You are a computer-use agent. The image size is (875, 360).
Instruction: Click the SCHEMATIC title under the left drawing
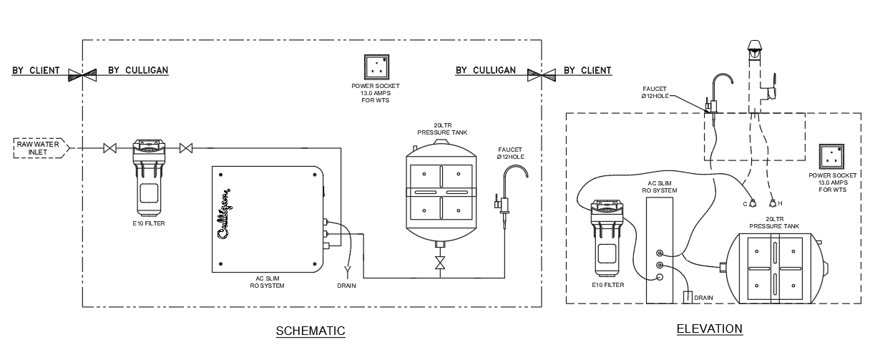(311, 331)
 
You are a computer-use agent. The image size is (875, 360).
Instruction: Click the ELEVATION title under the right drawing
(709, 329)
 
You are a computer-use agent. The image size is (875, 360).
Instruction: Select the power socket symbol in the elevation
(833, 157)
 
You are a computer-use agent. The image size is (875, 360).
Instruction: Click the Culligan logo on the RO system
(223, 216)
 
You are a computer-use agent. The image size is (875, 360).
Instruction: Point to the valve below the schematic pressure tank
(440, 262)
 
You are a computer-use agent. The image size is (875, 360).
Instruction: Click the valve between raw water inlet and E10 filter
(110, 148)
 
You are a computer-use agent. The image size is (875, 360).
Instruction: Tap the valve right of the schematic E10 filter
(186, 148)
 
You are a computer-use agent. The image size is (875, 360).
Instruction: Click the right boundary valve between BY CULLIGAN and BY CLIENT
(541, 73)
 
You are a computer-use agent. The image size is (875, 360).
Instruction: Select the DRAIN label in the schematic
(346, 286)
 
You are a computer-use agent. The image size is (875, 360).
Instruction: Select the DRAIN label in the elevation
(703, 298)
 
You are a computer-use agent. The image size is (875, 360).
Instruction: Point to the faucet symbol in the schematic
(509, 190)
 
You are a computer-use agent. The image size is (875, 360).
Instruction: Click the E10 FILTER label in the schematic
(148, 224)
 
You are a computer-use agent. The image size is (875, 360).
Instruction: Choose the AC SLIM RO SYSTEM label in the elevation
(660, 186)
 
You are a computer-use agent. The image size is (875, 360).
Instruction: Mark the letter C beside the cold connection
(744, 203)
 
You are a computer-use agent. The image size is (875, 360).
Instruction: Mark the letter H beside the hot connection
(780, 203)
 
